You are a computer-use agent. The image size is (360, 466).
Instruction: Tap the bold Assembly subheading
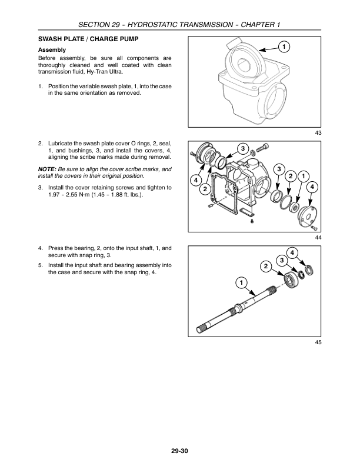coord(52,49)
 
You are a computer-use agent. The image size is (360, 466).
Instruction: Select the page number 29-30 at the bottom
coord(180,451)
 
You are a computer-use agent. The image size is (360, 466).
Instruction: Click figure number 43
coord(318,133)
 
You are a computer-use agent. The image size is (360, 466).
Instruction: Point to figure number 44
coord(318,237)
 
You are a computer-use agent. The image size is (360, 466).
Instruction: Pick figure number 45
coord(318,341)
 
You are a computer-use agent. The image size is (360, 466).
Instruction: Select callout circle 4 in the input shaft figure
coord(293,253)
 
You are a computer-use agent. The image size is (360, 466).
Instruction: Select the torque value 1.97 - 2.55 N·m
coord(75,195)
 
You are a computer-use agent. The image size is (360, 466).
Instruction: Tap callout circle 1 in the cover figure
coord(302,176)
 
